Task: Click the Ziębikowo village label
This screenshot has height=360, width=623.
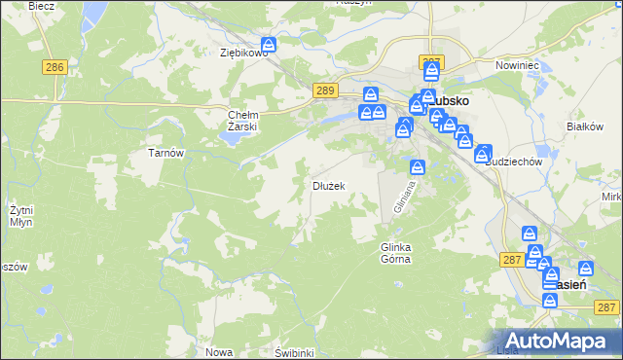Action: point(243,53)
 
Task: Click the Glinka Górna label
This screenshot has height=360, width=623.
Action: point(395,253)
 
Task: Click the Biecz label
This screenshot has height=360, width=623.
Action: point(41,5)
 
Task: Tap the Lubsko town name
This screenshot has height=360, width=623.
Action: point(450,100)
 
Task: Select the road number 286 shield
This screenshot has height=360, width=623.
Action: point(55,67)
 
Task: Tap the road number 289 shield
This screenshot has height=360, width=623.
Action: point(326,90)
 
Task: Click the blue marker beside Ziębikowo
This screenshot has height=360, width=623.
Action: point(269,45)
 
